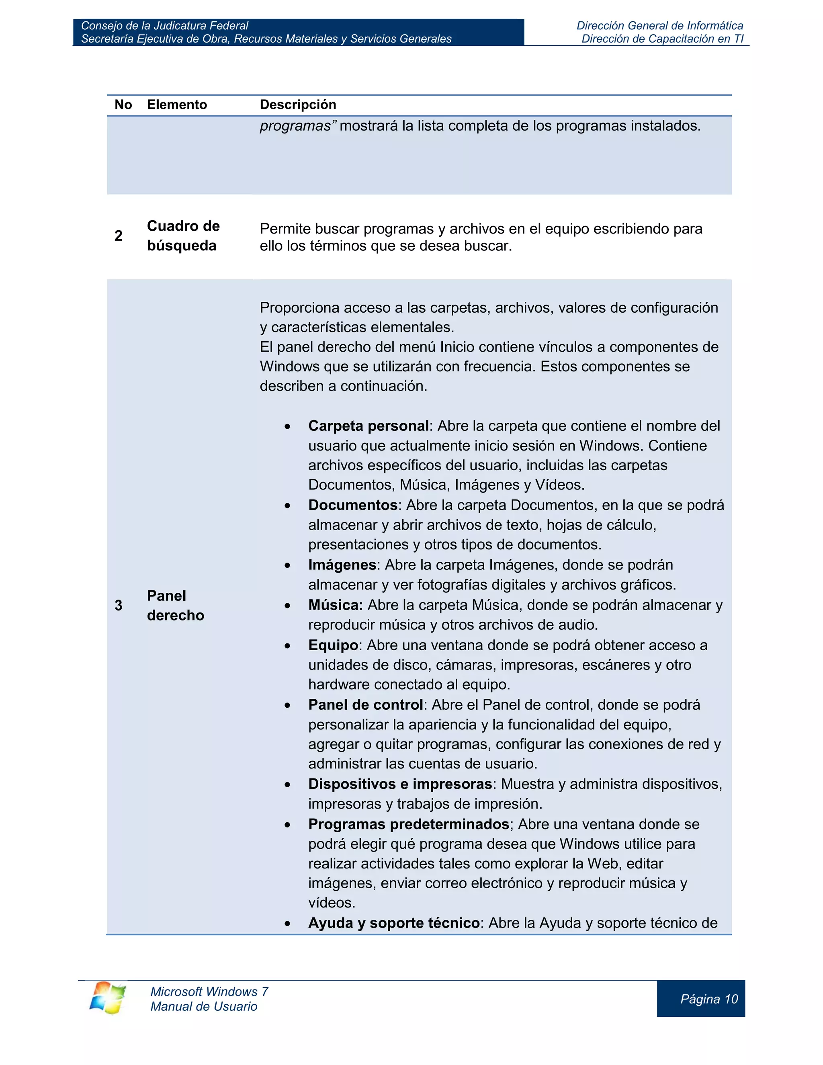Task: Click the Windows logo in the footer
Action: pos(107,998)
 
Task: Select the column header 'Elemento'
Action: pos(177,105)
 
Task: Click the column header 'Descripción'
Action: pos(298,105)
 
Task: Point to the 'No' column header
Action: pos(123,105)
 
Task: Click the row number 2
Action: pos(119,236)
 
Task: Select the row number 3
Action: pos(119,606)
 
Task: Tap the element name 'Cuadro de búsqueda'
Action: pos(183,236)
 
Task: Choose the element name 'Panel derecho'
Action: pos(176,606)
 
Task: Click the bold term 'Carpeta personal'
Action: pos(368,426)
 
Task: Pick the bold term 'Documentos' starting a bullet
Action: pos(352,505)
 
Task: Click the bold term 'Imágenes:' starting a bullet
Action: pos(342,565)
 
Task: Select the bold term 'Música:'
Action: pos(336,605)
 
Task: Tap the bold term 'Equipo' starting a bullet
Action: pos(333,646)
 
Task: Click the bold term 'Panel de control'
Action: pos(365,705)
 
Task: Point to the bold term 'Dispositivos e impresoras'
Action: pos(400,784)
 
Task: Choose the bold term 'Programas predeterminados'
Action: pos(409,825)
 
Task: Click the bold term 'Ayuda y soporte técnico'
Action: pos(394,923)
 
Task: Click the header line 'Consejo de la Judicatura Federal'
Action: pos(165,26)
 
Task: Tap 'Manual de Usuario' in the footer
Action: pos(204,1006)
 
